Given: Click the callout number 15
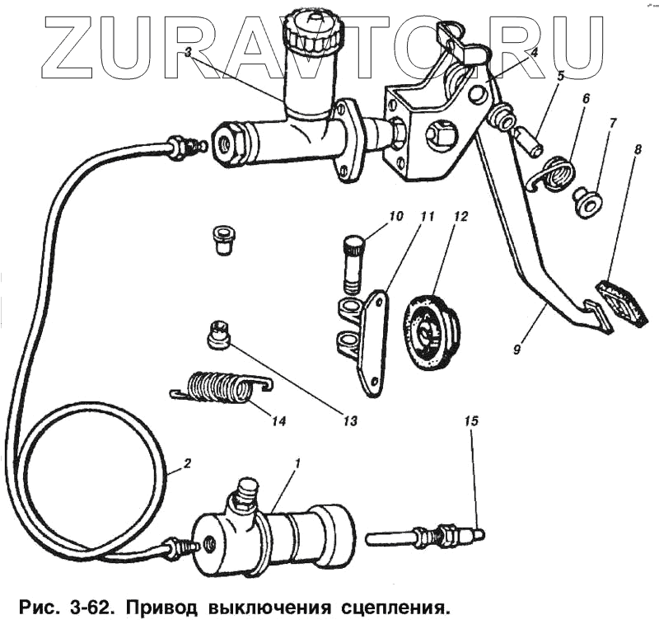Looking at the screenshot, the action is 470,421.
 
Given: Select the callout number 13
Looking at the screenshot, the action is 351,420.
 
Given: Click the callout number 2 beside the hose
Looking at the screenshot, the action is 187,463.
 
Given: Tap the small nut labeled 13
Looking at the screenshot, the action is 218,335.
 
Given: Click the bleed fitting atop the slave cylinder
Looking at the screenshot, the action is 245,494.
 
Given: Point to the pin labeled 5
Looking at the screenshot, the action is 527,141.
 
